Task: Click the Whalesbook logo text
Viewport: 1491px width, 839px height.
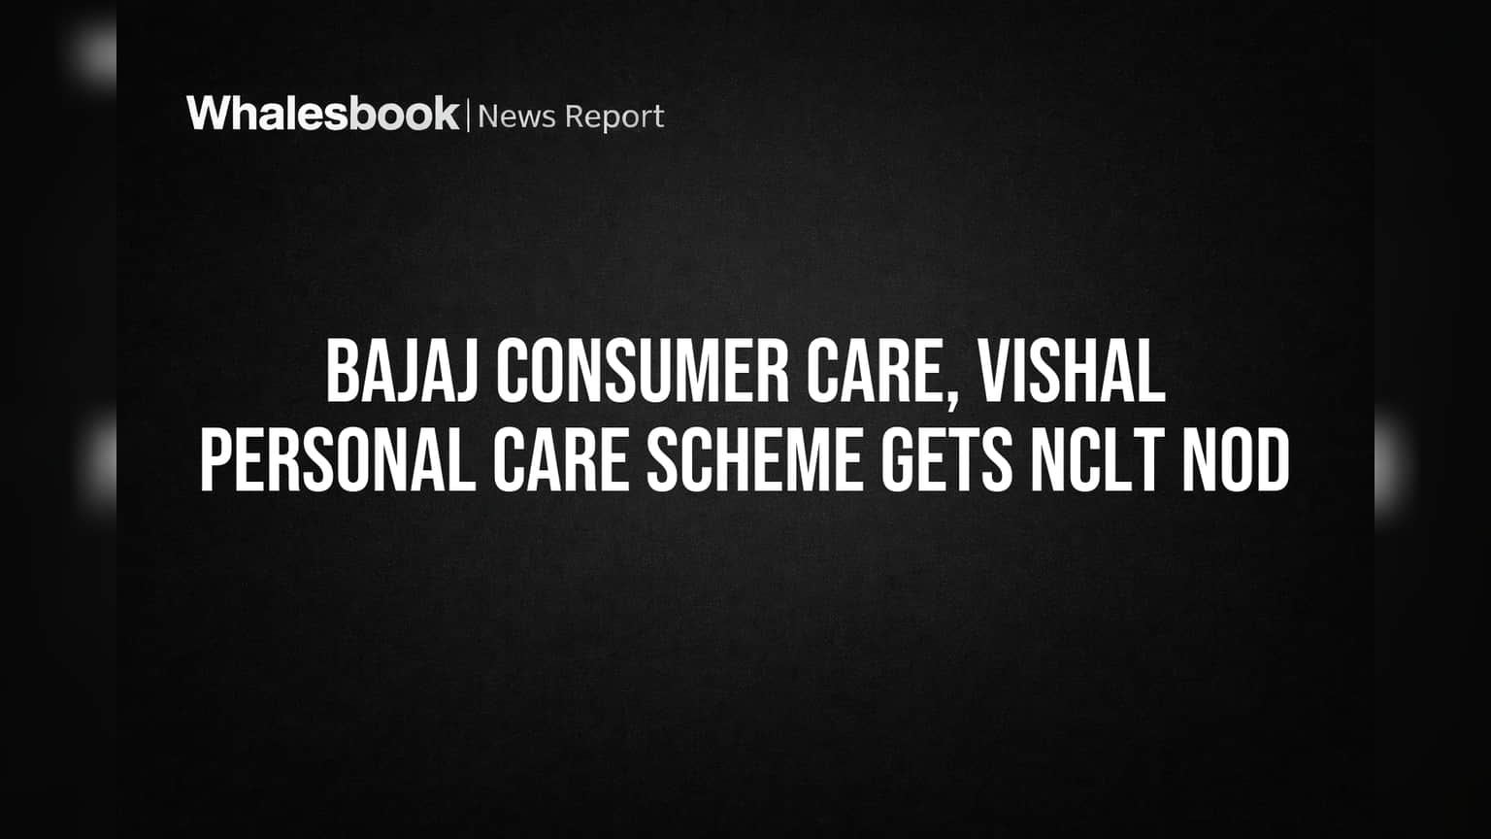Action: (x=323, y=114)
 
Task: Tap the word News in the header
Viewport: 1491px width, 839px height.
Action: (x=516, y=117)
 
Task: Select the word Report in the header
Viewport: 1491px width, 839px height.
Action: (x=614, y=117)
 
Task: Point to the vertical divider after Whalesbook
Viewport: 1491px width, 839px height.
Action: (x=469, y=116)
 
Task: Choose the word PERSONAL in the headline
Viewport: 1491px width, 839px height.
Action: (x=338, y=460)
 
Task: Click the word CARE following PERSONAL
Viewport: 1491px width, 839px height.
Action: (x=560, y=460)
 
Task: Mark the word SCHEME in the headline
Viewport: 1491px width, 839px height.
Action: (x=754, y=460)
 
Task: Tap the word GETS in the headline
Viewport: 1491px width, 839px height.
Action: (x=945, y=460)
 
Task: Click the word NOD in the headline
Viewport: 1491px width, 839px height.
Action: (x=1236, y=460)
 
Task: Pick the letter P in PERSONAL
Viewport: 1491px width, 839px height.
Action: (x=217, y=460)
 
